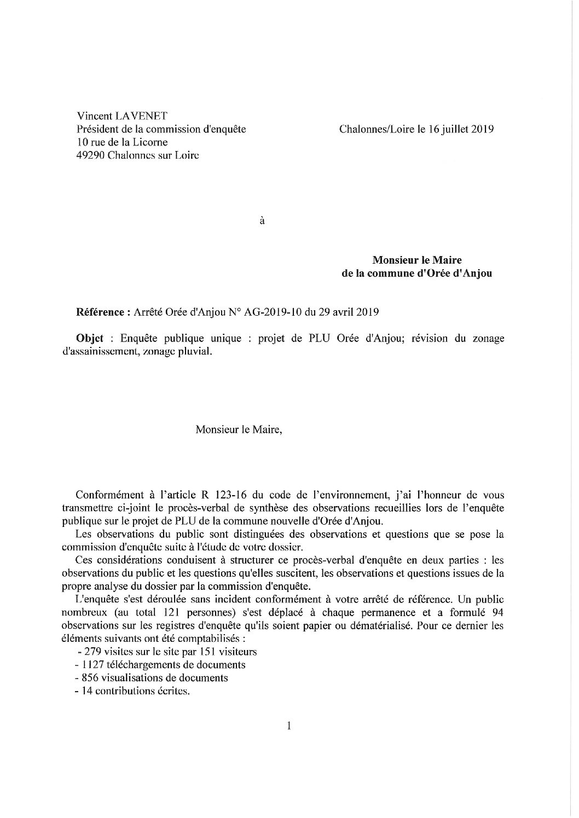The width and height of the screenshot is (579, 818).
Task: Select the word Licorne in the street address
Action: pos(150,142)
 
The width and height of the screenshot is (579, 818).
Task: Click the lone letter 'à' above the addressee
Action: pos(262,222)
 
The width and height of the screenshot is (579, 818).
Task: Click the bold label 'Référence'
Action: pos(100,312)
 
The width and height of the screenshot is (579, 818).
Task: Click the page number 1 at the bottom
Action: pos(288,726)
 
